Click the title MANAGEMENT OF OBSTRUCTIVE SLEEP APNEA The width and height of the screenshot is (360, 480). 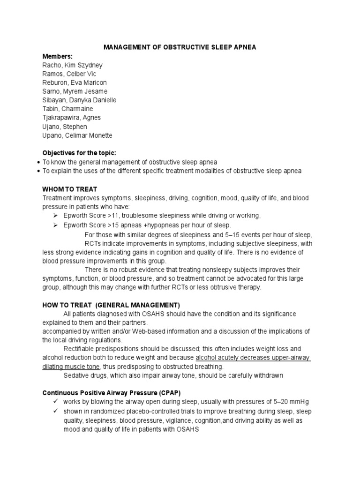180,47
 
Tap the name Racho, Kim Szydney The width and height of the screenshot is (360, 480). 72,65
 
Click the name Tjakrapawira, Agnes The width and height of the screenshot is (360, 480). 71,118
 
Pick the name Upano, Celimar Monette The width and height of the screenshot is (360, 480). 77,135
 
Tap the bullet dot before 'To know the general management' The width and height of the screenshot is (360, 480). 37,162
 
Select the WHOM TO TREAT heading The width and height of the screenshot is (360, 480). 70,189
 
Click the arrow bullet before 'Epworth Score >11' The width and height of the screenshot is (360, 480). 55,216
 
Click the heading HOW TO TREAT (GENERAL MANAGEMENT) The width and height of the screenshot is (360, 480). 111,305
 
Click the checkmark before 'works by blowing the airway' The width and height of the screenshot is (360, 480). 55,402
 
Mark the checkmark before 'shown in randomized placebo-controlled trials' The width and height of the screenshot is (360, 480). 55,411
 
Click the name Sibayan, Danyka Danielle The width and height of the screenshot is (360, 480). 79,100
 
